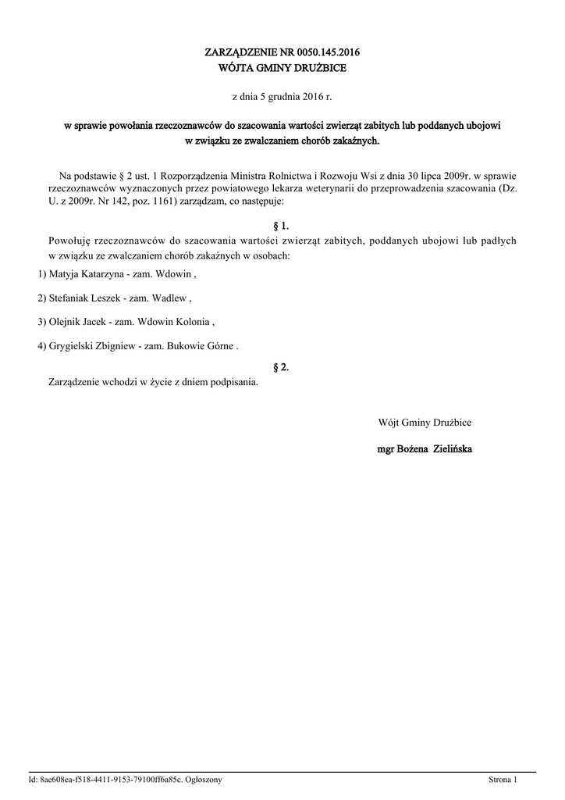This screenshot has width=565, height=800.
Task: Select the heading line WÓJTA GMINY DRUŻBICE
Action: (x=282, y=68)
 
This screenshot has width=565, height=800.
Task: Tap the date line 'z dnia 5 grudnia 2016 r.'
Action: (x=282, y=97)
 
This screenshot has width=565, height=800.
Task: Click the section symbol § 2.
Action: (x=282, y=366)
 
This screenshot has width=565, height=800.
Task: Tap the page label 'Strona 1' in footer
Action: (x=503, y=780)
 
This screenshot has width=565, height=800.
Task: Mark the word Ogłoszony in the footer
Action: (x=204, y=780)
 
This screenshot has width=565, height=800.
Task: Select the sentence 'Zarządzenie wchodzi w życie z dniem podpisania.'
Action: (x=153, y=383)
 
